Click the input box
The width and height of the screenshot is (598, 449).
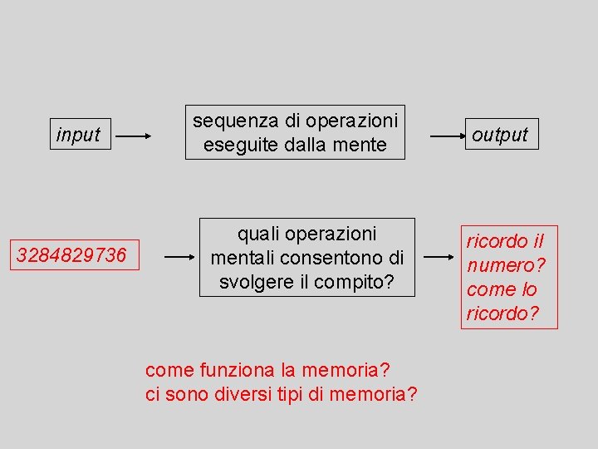tap(78, 135)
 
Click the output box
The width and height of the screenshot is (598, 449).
tap(500, 135)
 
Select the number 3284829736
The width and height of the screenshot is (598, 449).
tap(71, 255)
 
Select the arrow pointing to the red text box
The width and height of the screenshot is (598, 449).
tap(442, 258)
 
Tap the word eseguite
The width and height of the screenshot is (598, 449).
tap(235, 145)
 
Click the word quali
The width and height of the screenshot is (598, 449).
tap(260, 234)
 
